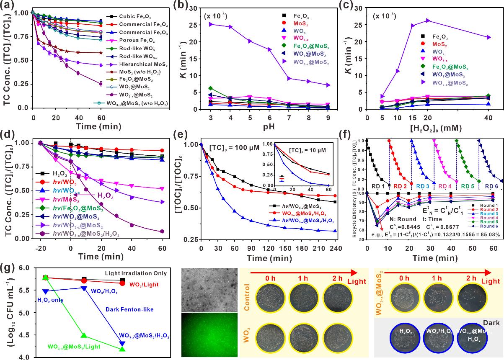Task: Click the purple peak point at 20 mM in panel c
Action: (x=428, y=20)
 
